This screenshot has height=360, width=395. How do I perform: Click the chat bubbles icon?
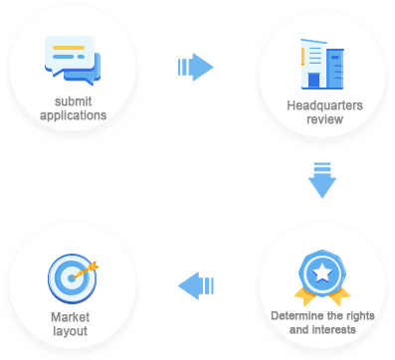point(73,61)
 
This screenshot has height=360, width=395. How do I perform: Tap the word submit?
point(73,101)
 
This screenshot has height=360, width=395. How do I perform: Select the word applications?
point(74,115)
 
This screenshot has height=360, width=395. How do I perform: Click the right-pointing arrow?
point(196,67)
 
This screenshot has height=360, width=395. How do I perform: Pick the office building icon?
point(322,65)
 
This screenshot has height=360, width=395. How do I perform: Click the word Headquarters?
point(324,105)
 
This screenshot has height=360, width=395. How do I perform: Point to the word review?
point(324,119)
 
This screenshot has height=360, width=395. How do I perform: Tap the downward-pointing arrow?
point(322,180)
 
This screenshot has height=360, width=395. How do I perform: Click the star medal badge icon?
point(322,277)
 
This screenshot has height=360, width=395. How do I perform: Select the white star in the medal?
point(322,273)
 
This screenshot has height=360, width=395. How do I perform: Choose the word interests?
point(334,330)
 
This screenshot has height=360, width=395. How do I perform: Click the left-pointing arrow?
point(196,285)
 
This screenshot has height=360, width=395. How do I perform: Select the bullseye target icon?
point(73,278)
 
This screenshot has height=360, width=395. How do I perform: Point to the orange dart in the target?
point(86,270)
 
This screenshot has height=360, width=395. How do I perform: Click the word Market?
point(71,317)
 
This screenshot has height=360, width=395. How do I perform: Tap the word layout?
point(71,331)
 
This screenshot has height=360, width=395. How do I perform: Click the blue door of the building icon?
point(313,81)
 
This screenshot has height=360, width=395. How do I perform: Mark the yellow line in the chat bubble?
point(69,48)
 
